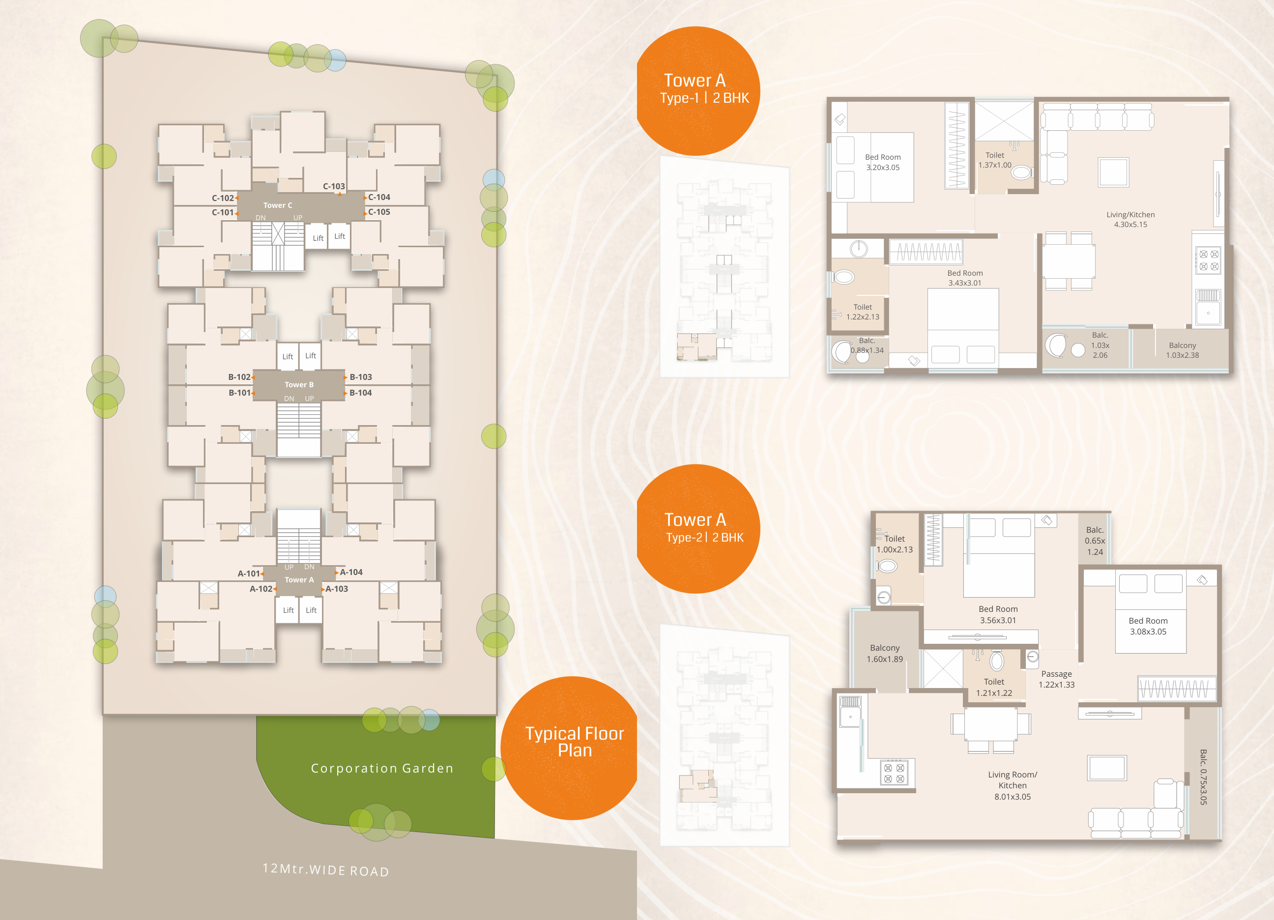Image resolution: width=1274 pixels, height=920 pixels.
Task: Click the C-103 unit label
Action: pos(334,186)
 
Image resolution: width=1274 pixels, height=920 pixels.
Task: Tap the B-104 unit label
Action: pos(361,393)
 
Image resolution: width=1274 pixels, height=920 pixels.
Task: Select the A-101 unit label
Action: pos(249,574)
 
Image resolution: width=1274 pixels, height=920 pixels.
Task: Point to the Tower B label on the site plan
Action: pos(299,385)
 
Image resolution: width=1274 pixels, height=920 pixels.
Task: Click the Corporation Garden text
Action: pos(382,768)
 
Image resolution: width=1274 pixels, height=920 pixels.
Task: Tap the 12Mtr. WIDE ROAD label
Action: pos(326,870)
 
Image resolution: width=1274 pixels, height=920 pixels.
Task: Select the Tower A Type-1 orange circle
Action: pos(696,91)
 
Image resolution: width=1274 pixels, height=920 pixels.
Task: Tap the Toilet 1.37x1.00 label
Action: pos(995,160)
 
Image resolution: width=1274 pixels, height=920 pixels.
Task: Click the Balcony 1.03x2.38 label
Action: pos(1183,350)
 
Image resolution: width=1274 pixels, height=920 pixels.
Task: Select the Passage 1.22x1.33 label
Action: pos(1057,679)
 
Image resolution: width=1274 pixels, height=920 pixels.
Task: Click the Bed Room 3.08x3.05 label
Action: pos(1148,626)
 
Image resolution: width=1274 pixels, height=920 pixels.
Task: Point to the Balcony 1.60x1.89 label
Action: pos(885,653)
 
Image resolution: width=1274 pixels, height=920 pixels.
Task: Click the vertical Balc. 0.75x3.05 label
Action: pos(1203,777)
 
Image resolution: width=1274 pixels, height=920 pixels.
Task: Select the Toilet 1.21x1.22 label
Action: pos(994,687)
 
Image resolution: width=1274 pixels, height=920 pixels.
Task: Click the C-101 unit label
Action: pos(223,212)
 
